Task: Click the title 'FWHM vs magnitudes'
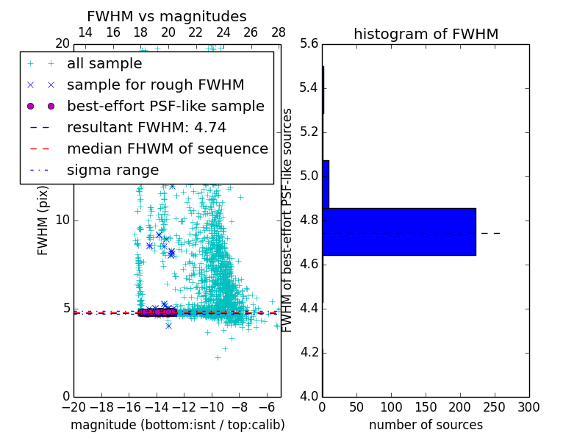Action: (166, 16)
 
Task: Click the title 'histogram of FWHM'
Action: (426, 34)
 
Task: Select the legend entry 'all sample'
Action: (104, 64)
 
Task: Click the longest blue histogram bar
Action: (398, 232)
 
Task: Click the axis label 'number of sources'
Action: (426, 425)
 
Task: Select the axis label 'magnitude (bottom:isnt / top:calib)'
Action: (177, 425)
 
